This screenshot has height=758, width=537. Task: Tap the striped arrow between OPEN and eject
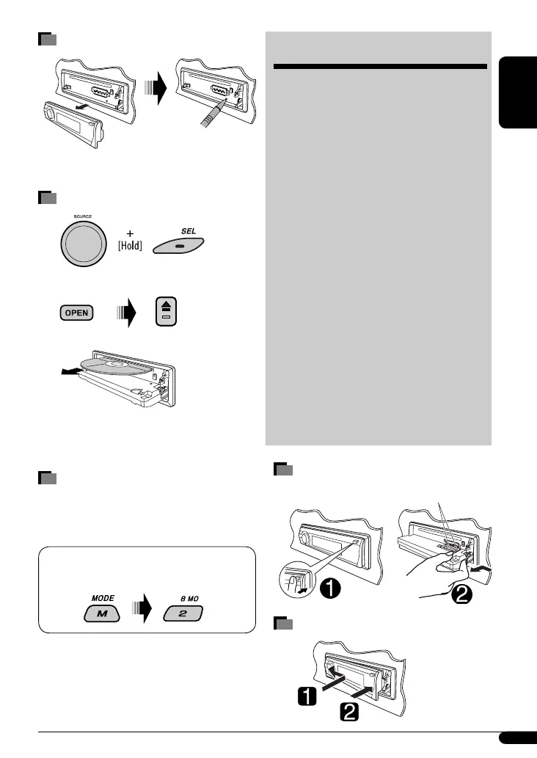pyautogui.click(x=125, y=313)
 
